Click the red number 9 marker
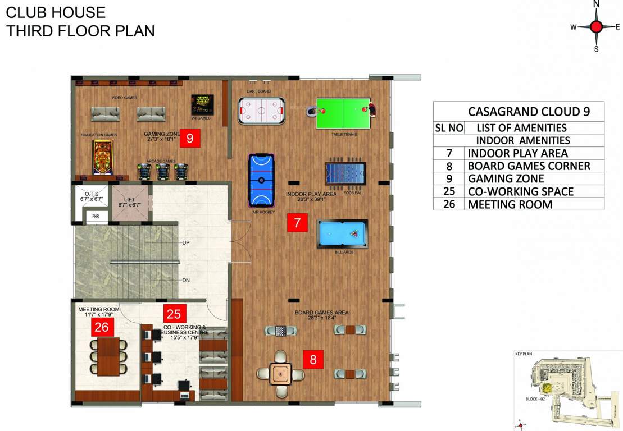click(x=190, y=139)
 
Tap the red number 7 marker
click(x=297, y=223)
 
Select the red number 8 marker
click(x=313, y=359)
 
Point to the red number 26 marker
click(x=102, y=327)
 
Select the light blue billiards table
click(x=342, y=233)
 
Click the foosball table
click(x=345, y=173)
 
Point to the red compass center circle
click(x=597, y=26)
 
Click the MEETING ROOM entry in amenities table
click(x=510, y=204)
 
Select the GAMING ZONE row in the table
click(x=506, y=178)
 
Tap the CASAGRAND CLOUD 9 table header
click(x=529, y=111)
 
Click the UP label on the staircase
click(x=186, y=243)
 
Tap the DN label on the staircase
click(x=186, y=280)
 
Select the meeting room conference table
click(x=108, y=356)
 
